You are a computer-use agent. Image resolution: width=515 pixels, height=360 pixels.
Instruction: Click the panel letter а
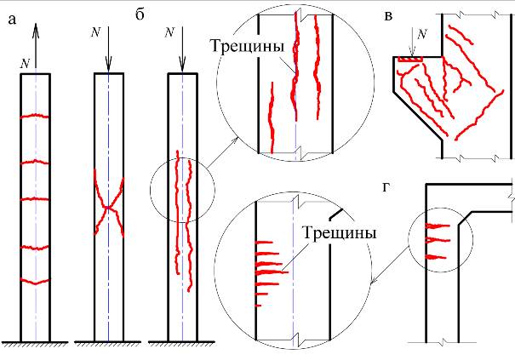12,20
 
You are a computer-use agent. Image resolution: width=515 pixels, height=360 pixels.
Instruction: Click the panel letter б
140,14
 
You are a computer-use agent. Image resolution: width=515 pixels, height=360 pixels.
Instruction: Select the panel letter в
388,16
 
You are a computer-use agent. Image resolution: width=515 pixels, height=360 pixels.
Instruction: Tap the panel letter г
386,187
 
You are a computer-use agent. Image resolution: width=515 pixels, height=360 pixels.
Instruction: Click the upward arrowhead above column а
36,31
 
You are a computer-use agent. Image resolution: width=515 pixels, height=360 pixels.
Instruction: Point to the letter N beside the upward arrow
25,63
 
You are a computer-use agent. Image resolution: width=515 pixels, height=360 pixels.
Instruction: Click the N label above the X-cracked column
95,31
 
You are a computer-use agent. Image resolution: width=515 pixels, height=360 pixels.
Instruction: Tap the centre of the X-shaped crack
108,208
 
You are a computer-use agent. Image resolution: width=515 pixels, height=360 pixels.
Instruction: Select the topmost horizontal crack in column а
35,116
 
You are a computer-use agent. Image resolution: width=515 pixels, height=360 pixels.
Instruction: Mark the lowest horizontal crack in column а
35,281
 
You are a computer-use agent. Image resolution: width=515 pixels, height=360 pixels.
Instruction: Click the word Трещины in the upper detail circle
247,46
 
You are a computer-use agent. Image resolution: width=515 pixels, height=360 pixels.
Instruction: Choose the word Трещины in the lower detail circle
339,233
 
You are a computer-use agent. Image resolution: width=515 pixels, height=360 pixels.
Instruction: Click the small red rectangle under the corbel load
410,59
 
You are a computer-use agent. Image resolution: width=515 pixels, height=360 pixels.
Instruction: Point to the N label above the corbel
421,33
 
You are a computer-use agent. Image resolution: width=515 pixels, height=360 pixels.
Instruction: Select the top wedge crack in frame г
438,226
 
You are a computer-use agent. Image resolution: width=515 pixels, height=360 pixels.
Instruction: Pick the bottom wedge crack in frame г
436,257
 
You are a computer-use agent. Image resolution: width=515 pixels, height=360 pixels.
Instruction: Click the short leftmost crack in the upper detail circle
272,117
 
